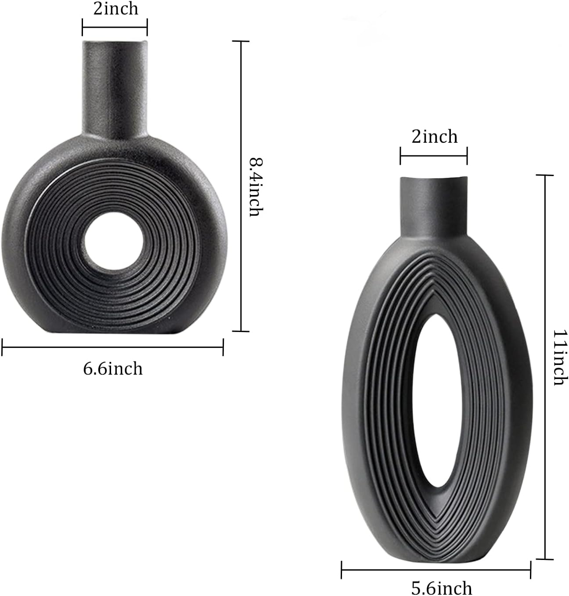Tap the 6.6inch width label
(x=113, y=368)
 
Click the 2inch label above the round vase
(x=115, y=9)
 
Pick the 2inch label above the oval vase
(x=434, y=137)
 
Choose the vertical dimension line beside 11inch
(x=545, y=367)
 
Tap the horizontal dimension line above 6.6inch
(x=113, y=347)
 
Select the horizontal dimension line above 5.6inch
(x=436, y=570)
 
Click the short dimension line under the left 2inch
(x=115, y=27)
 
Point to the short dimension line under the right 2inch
(x=433, y=155)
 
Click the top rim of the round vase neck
(x=115, y=42)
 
